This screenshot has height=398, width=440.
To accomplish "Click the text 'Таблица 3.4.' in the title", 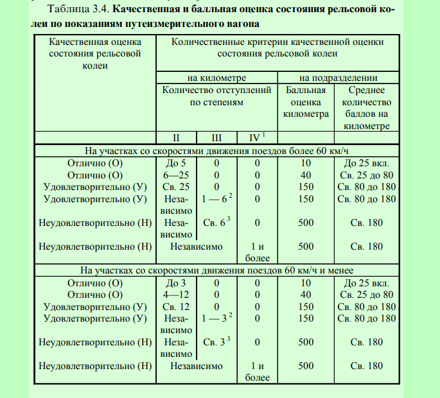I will click(x=76, y=12).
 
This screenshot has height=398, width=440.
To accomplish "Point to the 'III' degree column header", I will click(x=216, y=137).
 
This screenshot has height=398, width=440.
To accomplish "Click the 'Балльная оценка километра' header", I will click(x=306, y=102).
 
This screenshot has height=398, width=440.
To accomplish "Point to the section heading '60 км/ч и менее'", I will click(x=218, y=270).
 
